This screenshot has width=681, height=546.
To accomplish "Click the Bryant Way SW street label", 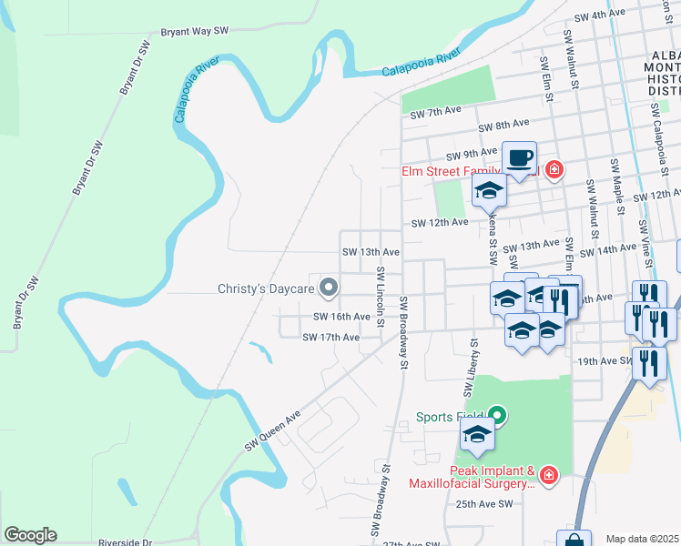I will click(x=193, y=31).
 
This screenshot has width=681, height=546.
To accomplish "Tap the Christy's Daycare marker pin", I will click(x=330, y=289).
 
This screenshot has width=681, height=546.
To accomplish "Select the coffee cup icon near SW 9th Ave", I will click(x=519, y=158).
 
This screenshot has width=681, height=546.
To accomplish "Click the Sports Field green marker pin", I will click(x=497, y=416).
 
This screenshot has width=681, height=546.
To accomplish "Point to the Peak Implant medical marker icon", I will click(x=548, y=474).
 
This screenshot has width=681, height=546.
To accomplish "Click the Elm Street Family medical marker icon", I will click(x=554, y=170).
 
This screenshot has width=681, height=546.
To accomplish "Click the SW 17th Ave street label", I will click(x=330, y=338).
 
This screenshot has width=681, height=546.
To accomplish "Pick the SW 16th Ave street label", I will click(x=341, y=317).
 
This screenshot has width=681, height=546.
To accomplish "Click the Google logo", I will click(x=30, y=535).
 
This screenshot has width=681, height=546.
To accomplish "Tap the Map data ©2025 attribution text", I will click(x=642, y=539).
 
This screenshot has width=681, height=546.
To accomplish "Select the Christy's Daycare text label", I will click(x=266, y=289).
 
